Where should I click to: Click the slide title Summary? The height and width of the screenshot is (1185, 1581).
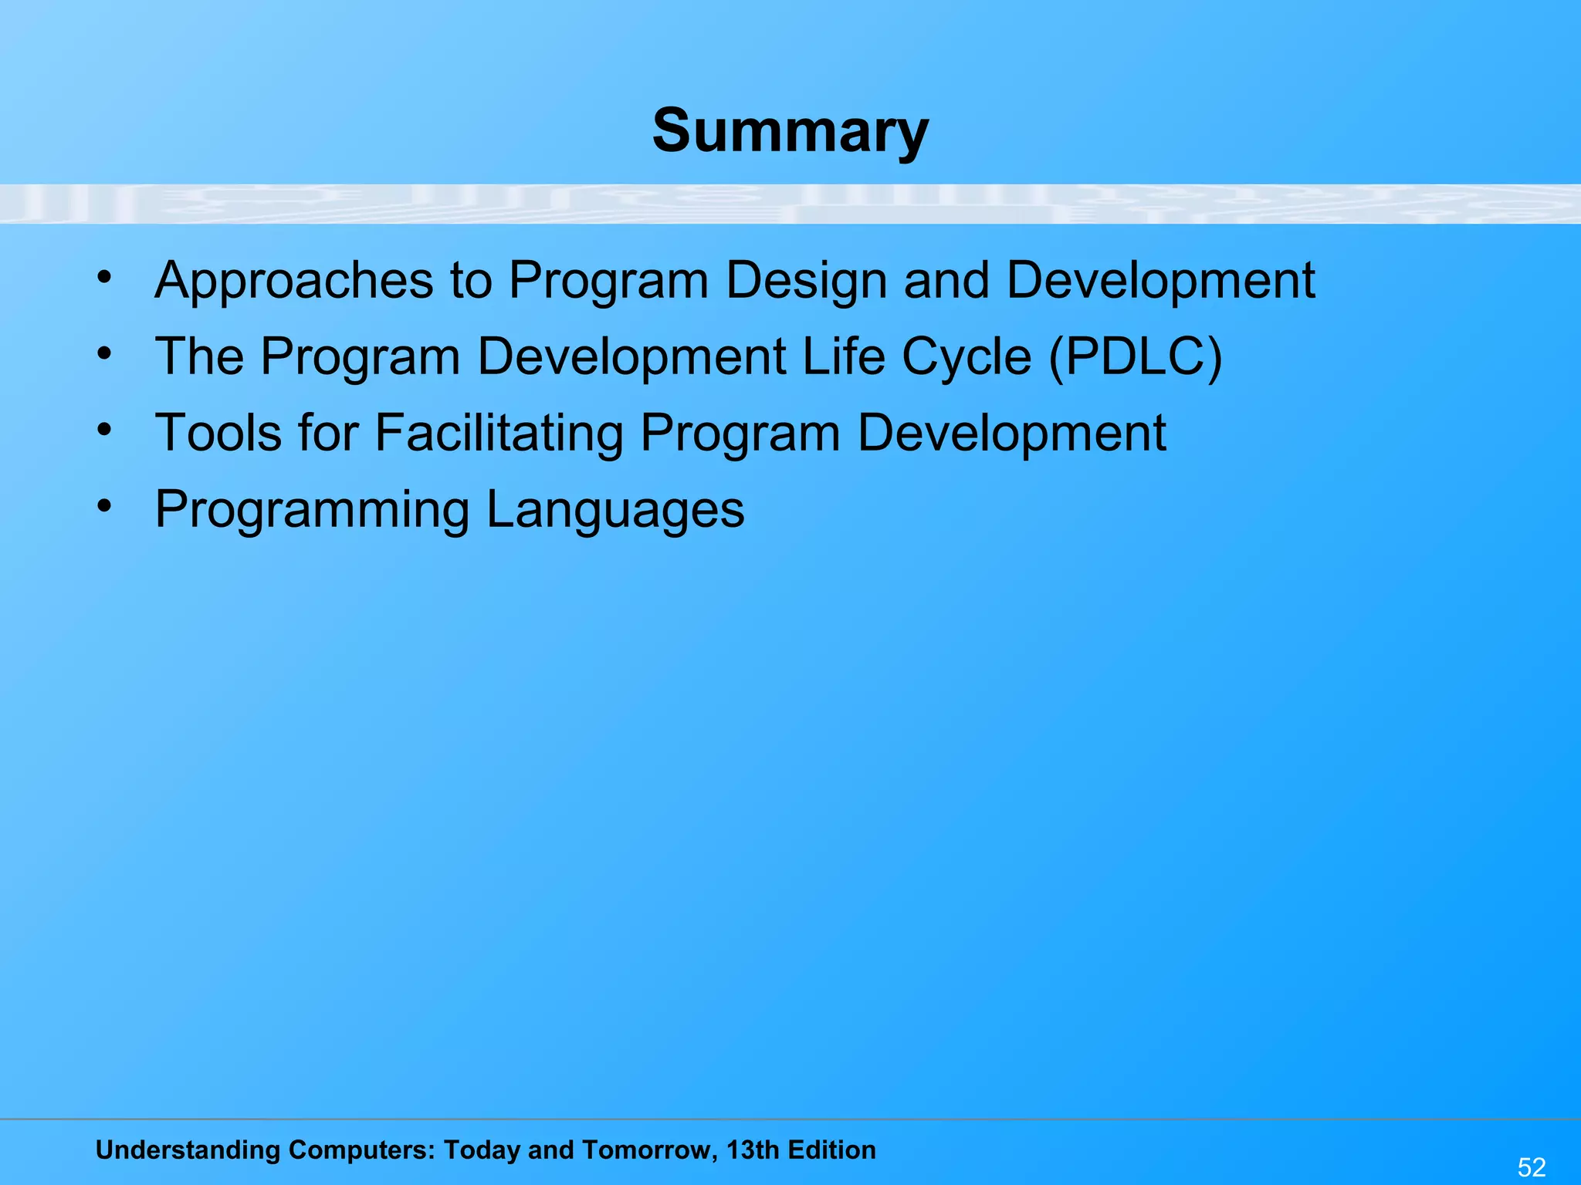click(790, 131)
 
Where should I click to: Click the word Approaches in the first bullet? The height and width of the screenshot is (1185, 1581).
click(294, 280)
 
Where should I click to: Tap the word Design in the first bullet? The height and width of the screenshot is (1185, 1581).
click(806, 280)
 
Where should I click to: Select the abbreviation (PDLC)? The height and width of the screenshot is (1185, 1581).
click(1135, 357)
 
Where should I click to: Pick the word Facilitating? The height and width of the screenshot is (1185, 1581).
click(499, 433)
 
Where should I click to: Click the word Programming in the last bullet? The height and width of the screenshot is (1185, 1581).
click(312, 510)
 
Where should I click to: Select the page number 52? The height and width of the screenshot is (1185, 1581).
click(1532, 1166)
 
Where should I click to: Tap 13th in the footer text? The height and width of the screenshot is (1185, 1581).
click(753, 1150)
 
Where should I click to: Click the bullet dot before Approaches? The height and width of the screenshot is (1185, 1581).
click(105, 276)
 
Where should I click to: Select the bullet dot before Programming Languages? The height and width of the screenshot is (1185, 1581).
click(105, 507)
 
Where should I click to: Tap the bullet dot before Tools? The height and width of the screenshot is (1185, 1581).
click(105, 430)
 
